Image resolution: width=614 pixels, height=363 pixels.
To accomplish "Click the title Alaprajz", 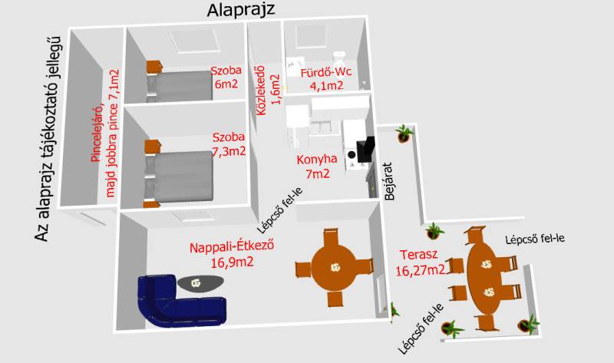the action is tap(240, 9).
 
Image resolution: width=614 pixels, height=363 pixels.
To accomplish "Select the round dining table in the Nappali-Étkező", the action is tap(334, 267).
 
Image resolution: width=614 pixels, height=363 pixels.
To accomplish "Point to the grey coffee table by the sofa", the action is tap(200, 283).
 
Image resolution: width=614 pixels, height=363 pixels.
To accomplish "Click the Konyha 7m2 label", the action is tap(317, 166).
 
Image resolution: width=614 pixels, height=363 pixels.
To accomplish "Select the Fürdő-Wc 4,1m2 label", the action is tap(325, 79).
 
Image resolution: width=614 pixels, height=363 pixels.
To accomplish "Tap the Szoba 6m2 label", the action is tap(226, 78).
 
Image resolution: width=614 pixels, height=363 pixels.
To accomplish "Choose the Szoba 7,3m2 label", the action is tap(229, 144).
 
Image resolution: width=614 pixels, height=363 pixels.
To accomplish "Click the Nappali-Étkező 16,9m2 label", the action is tap(232, 254).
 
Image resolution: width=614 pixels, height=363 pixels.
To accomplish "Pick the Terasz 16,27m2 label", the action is tap(420, 262).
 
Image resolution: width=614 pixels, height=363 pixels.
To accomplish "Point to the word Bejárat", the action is tap(389, 181).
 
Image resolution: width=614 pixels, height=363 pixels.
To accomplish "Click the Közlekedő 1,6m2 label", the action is tap(268, 91).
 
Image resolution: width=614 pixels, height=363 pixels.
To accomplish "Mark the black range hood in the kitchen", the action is tap(365, 150).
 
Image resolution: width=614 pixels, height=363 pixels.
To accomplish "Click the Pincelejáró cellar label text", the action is tap(104, 134).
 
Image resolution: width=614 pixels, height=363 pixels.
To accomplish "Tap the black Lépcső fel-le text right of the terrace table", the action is tap(535, 239).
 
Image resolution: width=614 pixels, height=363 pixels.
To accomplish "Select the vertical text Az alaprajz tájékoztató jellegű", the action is tap(48, 139).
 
